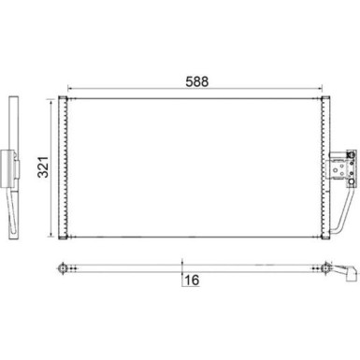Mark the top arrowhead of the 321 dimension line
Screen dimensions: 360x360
click(x=50, y=100)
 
